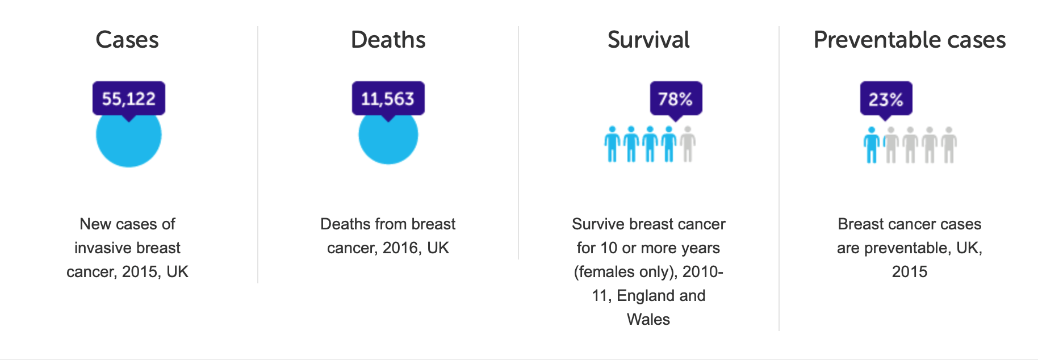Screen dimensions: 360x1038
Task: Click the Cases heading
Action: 127,40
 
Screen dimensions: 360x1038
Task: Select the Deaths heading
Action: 388,40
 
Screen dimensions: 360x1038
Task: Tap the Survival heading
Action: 648,40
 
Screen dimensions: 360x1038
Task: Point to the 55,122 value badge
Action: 129,99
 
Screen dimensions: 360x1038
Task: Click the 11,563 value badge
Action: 388,99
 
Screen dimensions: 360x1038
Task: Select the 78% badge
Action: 675,99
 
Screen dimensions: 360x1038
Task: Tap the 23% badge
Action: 885,99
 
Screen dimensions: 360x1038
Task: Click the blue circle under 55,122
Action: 129,142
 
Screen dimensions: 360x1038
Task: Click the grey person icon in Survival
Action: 688,144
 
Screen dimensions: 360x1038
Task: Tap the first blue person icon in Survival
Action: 612,144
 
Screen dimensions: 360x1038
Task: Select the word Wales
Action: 648,320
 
